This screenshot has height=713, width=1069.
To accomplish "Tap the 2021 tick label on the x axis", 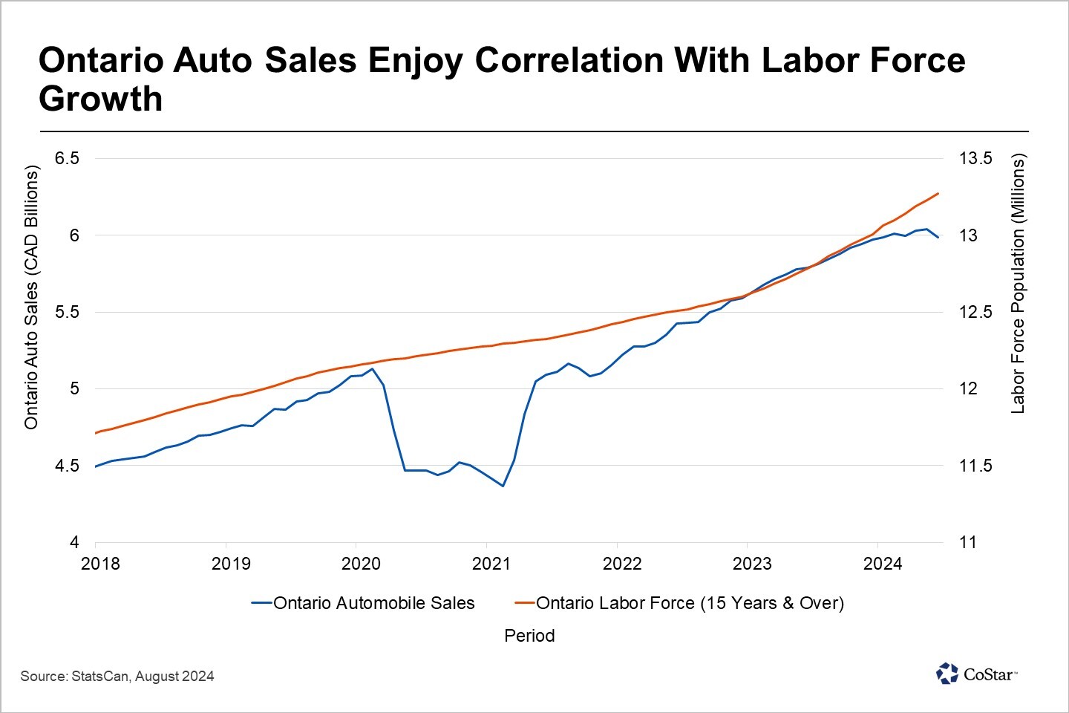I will click(x=491, y=564).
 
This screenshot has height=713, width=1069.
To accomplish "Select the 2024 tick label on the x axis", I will click(x=883, y=564).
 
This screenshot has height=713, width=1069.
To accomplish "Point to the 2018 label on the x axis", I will click(x=100, y=564).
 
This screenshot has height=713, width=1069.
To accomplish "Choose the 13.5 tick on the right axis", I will click(x=975, y=158).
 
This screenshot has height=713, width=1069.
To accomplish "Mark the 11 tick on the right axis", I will click(x=968, y=542).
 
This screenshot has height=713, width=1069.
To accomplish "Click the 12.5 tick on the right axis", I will click(x=975, y=312).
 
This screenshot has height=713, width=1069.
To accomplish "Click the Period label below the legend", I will click(x=529, y=636).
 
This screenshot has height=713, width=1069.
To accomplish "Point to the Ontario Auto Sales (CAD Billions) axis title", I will click(x=31, y=297).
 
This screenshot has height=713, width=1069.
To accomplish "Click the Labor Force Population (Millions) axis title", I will click(x=1018, y=284).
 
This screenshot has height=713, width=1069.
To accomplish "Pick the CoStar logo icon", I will click(x=947, y=674).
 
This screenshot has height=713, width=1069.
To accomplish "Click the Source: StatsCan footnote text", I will click(x=117, y=677).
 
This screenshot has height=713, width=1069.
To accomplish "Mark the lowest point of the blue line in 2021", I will click(x=503, y=486).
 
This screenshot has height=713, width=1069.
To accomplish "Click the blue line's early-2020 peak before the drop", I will click(x=372, y=369).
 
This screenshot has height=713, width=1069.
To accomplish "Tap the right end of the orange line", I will click(x=939, y=194).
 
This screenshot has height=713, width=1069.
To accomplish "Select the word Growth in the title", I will click(x=101, y=100).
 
